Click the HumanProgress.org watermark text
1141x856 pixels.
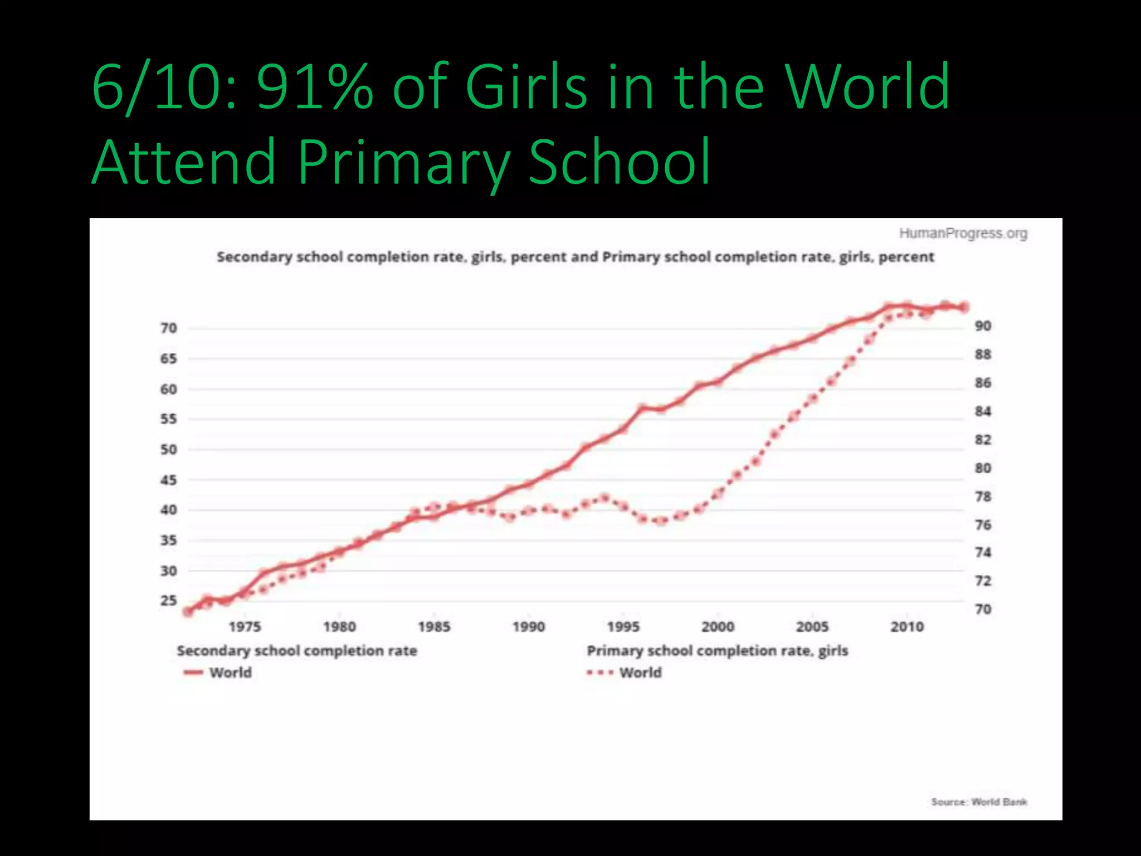(x=963, y=234)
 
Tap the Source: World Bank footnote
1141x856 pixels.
(x=979, y=802)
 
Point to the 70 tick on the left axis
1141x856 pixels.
(x=169, y=328)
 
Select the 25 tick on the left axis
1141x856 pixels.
(x=169, y=601)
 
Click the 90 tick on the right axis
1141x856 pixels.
(x=983, y=326)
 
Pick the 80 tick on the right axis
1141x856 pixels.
(x=983, y=468)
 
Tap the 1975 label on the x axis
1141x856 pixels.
(x=245, y=627)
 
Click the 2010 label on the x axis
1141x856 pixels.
(x=907, y=627)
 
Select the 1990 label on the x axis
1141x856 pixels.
(x=529, y=627)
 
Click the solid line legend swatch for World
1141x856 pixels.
(x=193, y=673)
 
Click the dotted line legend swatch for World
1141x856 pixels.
(x=600, y=673)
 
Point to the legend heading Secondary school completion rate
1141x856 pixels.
(x=297, y=651)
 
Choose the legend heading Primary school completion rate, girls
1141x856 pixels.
(x=718, y=651)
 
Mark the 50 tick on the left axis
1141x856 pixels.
(x=169, y=449)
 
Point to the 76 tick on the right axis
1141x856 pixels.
(x=983, y=525)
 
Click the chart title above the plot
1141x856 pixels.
(x=575, y=257)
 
